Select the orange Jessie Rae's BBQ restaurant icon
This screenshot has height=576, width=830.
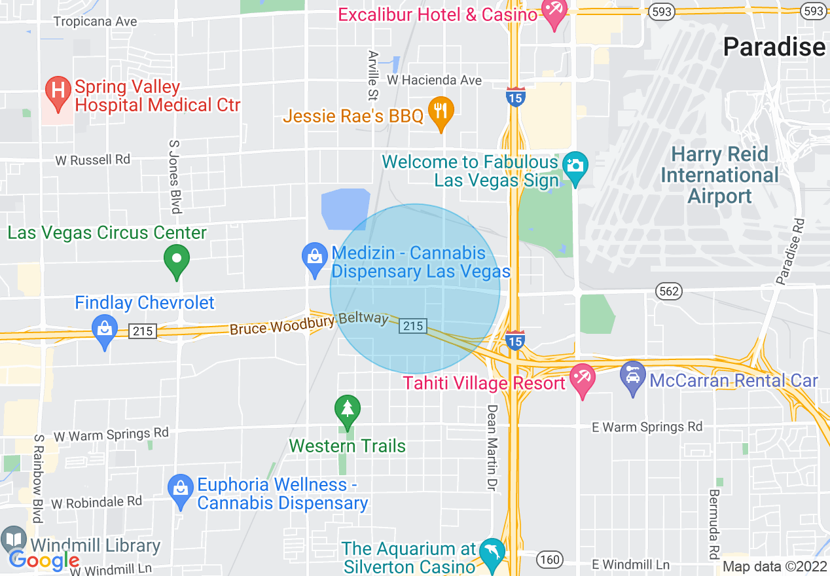441,112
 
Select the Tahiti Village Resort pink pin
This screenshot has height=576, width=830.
581,380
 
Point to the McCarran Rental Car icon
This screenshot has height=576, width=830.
633,378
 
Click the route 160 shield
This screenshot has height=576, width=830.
549,559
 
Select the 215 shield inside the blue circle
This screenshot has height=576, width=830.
413,325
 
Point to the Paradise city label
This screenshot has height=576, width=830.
774,47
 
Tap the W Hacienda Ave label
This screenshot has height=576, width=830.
434,80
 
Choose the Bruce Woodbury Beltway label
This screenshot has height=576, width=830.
309,323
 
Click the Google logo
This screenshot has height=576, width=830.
45,560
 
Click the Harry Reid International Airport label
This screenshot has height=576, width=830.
719,175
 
